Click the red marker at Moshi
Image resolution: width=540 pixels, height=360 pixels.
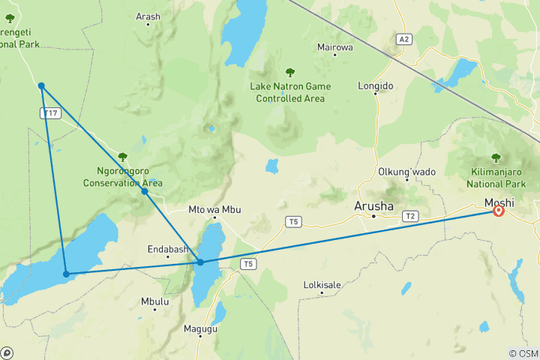point(497,211)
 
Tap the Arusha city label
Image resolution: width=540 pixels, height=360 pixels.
point(373,205)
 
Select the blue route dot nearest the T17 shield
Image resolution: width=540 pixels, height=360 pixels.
point(42,86)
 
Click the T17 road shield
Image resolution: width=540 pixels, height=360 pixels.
point(50,112)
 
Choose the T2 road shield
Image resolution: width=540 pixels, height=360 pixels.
point(409,216)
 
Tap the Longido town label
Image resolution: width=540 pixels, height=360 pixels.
point(376,86)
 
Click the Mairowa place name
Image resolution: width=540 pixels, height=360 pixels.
point(334,47)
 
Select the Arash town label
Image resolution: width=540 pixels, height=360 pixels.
point(148,16)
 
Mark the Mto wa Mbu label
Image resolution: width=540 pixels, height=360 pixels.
point(214,209)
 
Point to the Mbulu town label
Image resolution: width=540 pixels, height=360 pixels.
point(155,301)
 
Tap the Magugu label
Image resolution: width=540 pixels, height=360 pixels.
point(199,328)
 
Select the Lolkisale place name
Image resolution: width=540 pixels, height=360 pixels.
point(322,285)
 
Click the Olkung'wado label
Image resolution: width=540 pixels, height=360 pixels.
point(406,172)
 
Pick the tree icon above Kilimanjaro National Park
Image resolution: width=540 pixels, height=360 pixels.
point(496,157)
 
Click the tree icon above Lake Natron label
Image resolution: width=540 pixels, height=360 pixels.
point(289,73)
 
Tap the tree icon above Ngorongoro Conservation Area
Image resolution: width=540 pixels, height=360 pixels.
point(122,157)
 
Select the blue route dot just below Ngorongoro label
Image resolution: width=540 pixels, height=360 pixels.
point(145,192)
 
